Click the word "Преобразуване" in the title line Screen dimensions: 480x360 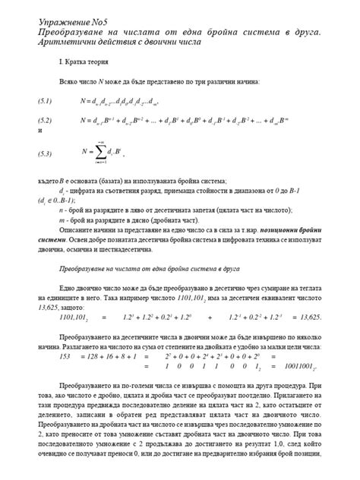click(x=71, y=33)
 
